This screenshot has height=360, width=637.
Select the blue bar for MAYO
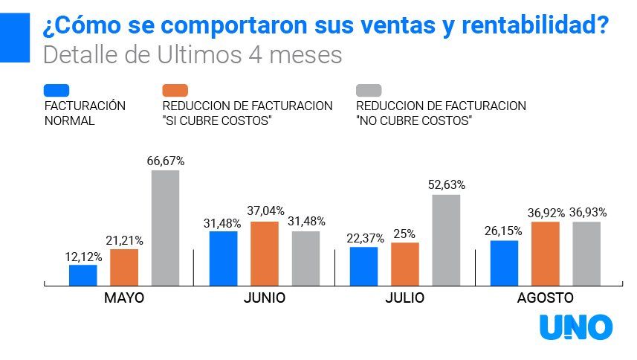[83, 274]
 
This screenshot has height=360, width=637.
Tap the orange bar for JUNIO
[264, 253]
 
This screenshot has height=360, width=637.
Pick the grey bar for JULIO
[446, 240]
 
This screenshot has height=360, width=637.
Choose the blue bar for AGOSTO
[504, 263]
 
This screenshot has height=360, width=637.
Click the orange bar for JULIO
[405, 263]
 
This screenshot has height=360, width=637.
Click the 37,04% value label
[265, 211]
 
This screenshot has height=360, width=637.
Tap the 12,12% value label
[83, 255]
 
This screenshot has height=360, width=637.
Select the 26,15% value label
[504, 231]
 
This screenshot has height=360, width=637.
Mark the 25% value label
[405, 233]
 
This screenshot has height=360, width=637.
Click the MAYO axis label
[124, 298]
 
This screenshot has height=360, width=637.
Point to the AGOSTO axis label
[545, 298]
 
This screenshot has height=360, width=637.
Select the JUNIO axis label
[264, 298]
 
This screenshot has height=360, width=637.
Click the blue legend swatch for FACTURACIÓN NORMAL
[57, 90]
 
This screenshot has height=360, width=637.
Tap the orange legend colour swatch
[175, 90]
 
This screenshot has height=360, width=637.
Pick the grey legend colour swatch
[369, 90]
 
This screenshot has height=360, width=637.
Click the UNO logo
[576, 328]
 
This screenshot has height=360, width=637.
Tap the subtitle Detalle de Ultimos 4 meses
[193, 55]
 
